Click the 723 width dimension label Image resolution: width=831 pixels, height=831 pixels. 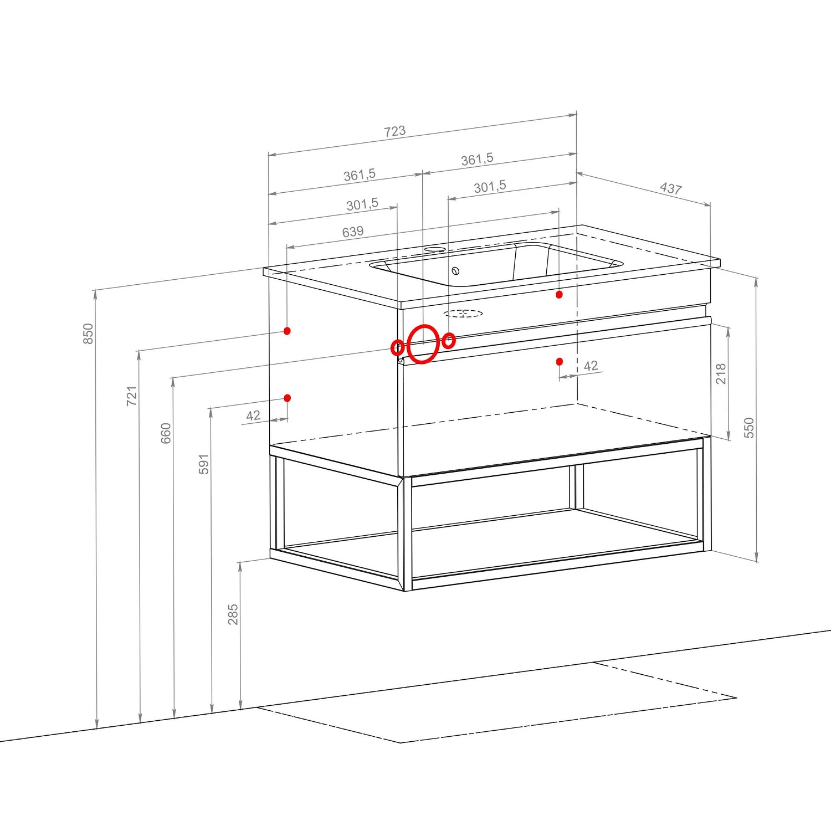(394, 131)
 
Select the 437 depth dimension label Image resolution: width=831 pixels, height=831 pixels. (670, 188)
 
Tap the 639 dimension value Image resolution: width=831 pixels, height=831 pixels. (353, 232)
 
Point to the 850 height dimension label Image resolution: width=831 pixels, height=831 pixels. (88, 334)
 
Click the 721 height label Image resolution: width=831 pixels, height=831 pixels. (131, 396)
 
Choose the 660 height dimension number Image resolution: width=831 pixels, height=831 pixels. (166, 433)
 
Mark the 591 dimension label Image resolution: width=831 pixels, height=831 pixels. (203, 464)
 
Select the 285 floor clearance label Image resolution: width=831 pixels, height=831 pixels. (233, 614)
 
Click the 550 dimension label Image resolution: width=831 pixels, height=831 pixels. (749, 428)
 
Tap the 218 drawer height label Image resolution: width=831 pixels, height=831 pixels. (721, 374)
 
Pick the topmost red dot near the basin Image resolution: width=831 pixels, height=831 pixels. (559, 295)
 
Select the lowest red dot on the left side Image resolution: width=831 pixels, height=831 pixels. (287, 398)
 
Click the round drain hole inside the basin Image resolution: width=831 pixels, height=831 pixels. (455, 271)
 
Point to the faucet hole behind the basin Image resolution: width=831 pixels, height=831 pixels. (434, 249)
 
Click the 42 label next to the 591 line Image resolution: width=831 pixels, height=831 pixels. (253, 416)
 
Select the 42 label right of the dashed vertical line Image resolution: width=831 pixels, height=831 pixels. (591, 366)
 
